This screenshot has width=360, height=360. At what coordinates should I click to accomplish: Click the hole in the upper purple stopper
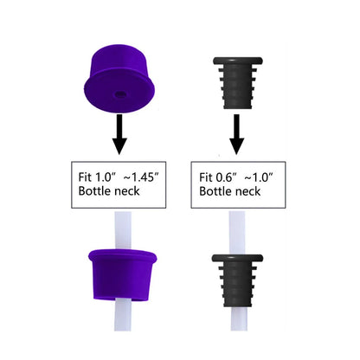(120, 94)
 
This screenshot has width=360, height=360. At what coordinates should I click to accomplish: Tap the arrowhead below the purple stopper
(119, 146)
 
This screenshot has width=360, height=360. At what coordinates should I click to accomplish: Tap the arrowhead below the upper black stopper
(237, 146)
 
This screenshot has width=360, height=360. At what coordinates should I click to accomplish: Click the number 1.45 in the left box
(143, 177)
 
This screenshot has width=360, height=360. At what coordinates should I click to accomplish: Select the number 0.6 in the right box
(224, 177)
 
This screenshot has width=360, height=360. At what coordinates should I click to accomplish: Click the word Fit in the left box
(85, 177)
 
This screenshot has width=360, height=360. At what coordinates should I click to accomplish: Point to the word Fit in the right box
(206, 177)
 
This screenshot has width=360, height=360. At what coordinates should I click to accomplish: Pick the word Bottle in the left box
(94, 191)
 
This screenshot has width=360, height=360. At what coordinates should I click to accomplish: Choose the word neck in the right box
(248, 191)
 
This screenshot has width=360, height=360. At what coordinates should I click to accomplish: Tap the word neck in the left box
(127, 191)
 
